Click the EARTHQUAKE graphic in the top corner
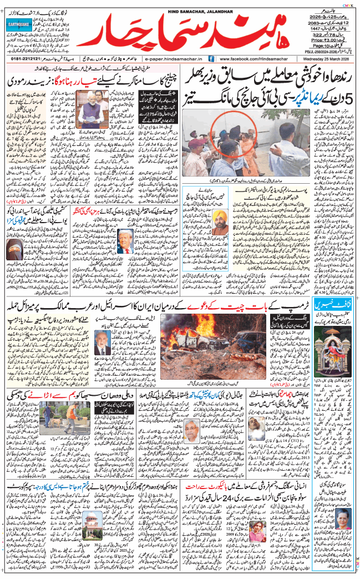(21, 26)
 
